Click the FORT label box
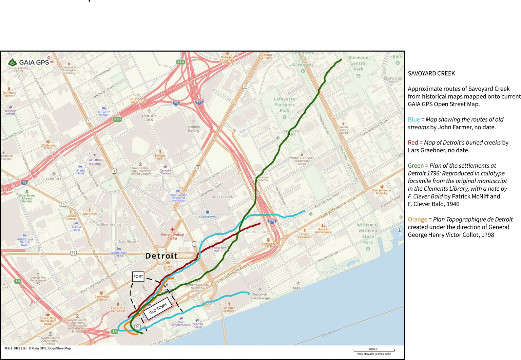coord(138,277)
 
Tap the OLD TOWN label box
coord(158,308)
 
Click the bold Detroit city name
coord(161,256)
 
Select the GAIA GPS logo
coord(28,62)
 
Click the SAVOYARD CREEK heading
coord(431,73)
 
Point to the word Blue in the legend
coord(413,119)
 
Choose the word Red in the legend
coord(412,143)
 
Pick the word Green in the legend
coord(416,166)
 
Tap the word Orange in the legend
coord(417,220)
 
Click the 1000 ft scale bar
coord(374,350)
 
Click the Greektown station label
coord(207,216)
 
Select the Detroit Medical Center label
coord(172,236)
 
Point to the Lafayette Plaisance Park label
coord(284,105)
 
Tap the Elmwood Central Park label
coord(358,63)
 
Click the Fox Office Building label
coord(95,162)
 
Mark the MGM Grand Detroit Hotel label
coord(24,242)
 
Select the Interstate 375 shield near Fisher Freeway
coord(199,102)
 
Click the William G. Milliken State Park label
coord(368,233)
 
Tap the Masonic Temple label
coord(11,112)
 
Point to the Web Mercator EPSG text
coord(374,354)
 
